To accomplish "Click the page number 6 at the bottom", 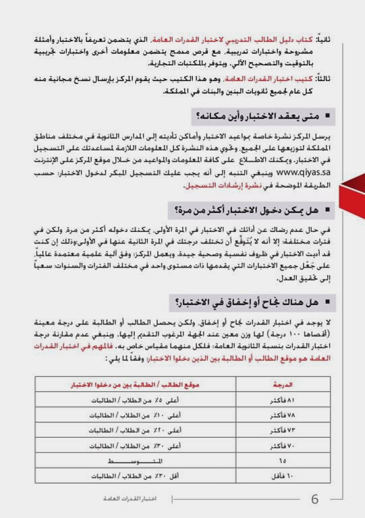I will tap(315, 500).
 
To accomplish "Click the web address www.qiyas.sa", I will tap(307, 172).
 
